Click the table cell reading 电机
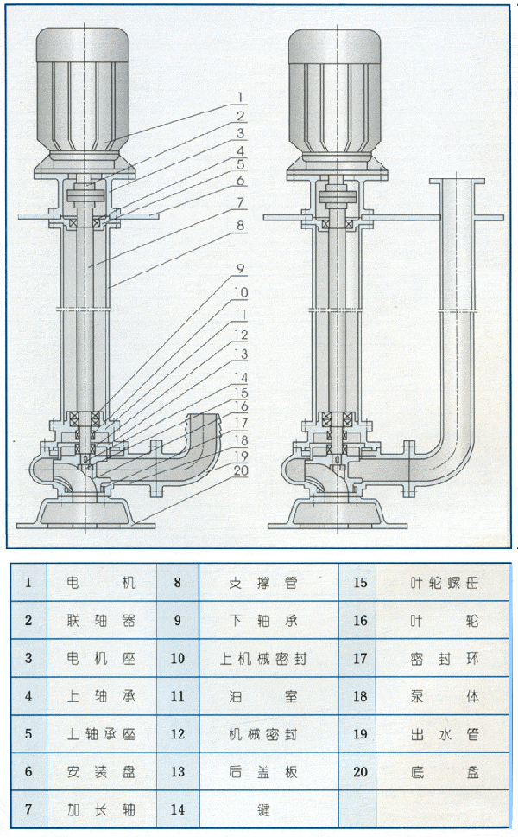102,583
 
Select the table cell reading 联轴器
102,620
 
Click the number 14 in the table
178,810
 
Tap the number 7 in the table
28,810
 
